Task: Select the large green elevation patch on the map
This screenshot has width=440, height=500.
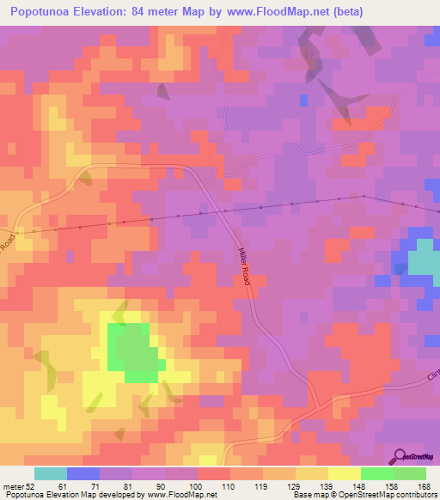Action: [x=133, y=351]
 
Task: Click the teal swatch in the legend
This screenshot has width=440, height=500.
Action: [x=51, y=473]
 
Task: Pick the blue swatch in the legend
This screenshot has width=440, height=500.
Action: [x=83, y=473]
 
